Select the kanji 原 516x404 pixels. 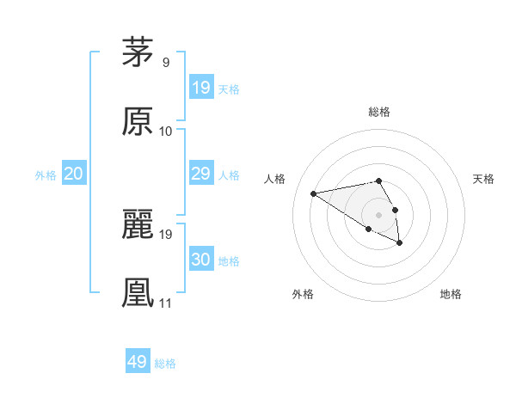click(138, 122)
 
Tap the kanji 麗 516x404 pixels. click(138, 224)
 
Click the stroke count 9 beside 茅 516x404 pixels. click(166, 63)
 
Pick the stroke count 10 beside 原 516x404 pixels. click(166, 132)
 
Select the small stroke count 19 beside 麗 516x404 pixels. click(166, 234)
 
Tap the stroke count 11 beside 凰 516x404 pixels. click(166, 303)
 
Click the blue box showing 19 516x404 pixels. click(201, 88)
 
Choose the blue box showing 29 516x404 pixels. click(201, 174)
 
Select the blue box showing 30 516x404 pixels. click(201, 260)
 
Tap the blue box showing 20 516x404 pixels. click(74, 174)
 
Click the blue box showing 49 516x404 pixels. click(138, 362)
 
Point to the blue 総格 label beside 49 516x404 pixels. click(165, 364)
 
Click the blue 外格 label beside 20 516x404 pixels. click(46, 175)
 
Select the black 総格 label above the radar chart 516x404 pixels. click(379, 112)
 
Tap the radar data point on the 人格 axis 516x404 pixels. click(314, 193)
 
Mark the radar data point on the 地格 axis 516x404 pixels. click(400, 243)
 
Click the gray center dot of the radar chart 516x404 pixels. click(378, 214)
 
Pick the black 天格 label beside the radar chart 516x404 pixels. click(483, 179)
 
